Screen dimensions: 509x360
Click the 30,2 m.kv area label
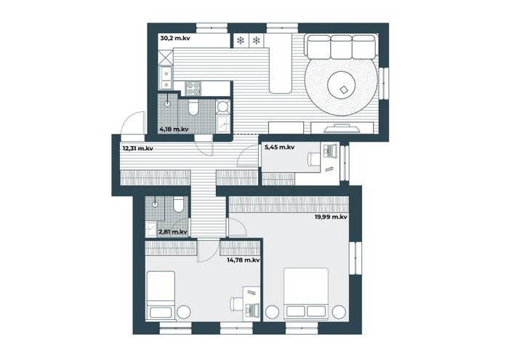[x=175, y=39]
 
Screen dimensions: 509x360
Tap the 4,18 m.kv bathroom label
[x=174, y=129]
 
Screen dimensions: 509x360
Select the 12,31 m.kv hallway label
[x=138, y=148]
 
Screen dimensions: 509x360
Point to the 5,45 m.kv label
[x=279, y=147]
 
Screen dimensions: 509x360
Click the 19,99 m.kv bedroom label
[x=331, y=217]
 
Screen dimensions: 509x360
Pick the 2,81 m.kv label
[x=173, y=232]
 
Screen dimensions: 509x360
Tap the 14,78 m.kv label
[x=244, y=260]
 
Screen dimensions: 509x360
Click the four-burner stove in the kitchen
[x=193, y=88]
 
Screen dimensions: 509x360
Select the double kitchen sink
[x=166, y=78]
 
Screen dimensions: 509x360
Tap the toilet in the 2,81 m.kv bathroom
[x=178, y=204]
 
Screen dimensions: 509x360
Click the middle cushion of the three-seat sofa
[x=341, y=46]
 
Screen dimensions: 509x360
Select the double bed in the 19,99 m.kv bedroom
[x=306, y=294]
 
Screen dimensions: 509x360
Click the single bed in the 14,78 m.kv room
[x=161, y=295]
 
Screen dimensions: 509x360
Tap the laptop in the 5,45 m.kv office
[x=330, y=151]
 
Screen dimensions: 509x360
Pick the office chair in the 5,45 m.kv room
[x=313, y=159]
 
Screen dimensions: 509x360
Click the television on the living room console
[x=342, y=128]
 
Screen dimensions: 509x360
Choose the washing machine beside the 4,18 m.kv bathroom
[x=223, y=106]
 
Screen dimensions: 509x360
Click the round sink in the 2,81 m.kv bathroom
[x=155, y=204]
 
